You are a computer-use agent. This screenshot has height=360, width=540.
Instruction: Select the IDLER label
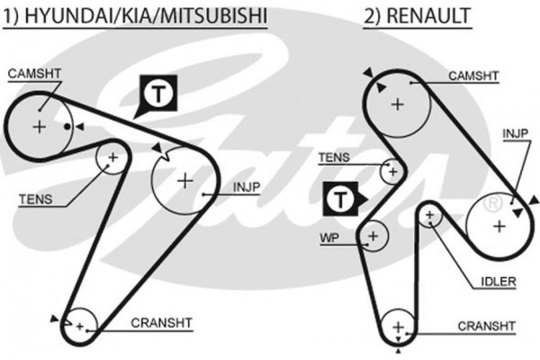tap(499, 282)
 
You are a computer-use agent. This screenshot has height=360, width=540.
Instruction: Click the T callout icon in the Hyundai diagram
tap(156, 94)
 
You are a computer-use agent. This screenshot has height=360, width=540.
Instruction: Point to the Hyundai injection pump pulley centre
tap(185, 180)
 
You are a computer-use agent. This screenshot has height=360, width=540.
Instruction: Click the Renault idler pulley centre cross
tap(430, 215)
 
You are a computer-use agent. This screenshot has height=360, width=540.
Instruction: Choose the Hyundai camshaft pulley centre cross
tap(39, 126)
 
